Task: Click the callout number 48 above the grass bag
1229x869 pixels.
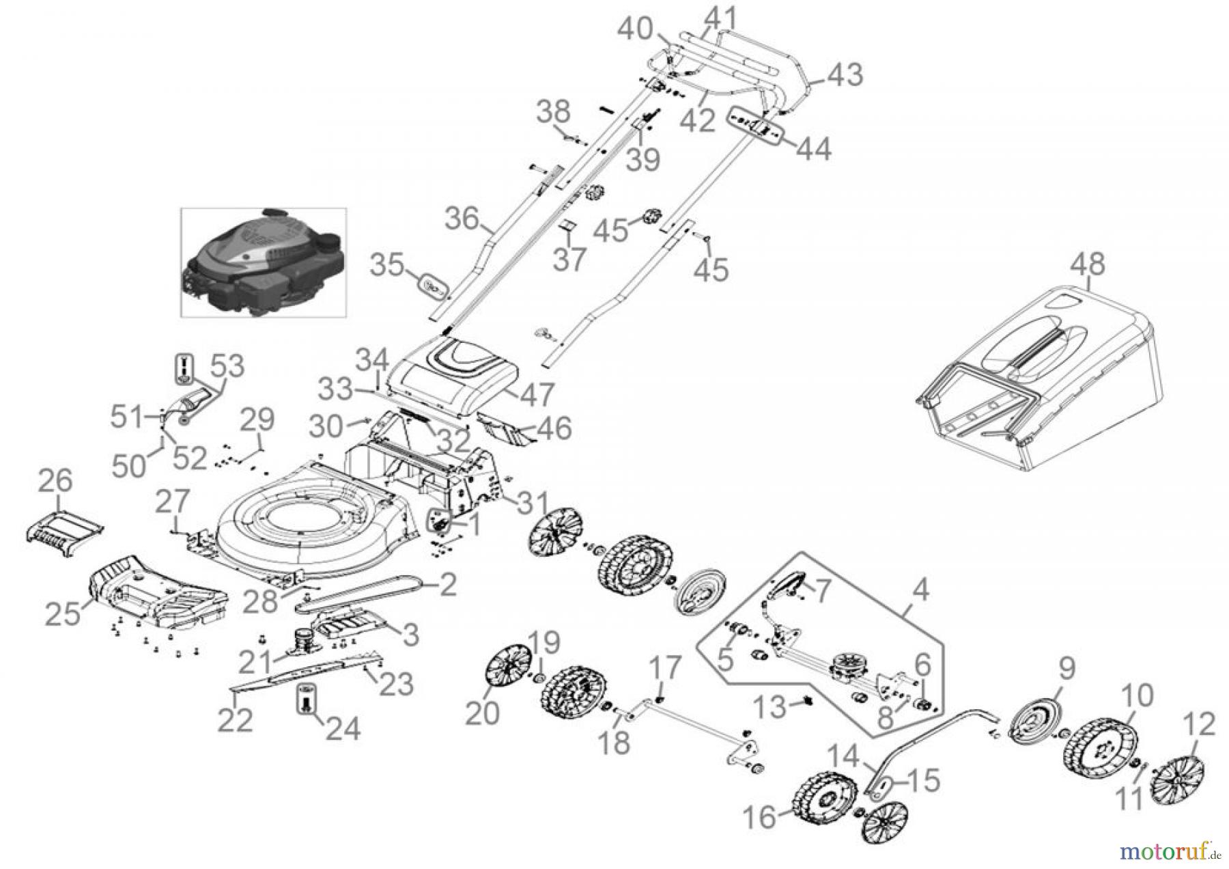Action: click(1088, 264)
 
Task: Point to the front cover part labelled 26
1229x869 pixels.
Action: click(65, 529)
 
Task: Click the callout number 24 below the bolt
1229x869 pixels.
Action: click(343, 728)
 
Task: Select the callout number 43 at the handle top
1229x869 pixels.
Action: click(845, 74)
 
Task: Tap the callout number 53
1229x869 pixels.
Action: click(227, 366)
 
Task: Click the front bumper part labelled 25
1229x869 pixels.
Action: click(157, 594)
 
